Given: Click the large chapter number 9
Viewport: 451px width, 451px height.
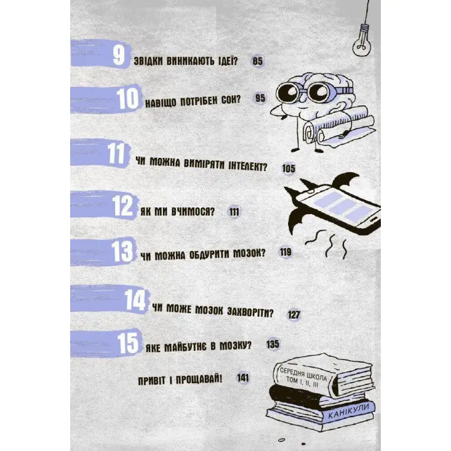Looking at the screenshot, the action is [119, 55].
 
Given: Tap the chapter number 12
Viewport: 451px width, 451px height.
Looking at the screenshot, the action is [123, 205].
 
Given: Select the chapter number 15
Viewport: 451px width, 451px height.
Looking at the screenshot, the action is [128, 343].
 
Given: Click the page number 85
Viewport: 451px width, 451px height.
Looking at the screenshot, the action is [257, 61].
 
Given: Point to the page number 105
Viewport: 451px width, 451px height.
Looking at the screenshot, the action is [289, 168].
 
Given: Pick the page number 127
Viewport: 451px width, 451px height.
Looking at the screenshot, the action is [294, 314].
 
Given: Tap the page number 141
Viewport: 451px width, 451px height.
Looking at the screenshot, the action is [243, 378].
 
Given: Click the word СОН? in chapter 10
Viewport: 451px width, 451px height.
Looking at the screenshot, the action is [231, 100].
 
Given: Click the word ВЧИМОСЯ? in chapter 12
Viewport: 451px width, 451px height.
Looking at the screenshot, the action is [193, 212].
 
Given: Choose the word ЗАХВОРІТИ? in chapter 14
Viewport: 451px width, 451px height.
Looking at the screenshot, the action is [250, 312].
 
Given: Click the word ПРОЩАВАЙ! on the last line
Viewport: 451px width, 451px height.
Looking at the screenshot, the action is [199, 380].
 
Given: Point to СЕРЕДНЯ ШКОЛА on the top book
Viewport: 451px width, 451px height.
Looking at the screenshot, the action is [303, 373].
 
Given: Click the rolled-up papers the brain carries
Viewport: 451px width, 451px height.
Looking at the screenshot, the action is [340, 127].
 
